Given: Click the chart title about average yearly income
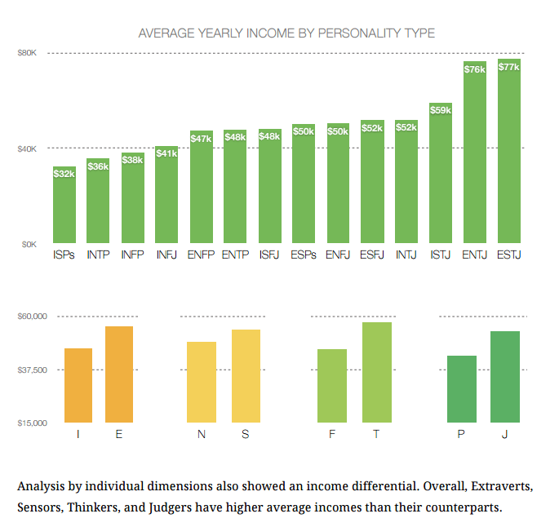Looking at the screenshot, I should pyautogui.click(x=286, y=33).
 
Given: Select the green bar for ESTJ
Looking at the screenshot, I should pyautogui.click(x=508, y=155).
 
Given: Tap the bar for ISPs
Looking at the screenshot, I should pyautogui.click(x=64, y=208).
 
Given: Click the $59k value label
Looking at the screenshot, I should pyautogui.click(x=440, y=109).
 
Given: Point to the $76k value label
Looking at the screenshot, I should pyautogui.click(x=474, y=69).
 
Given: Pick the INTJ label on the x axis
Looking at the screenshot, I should pyautogui.click(x=406, y=255).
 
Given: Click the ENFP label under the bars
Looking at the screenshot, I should pyautogui.click(x=201, y=255).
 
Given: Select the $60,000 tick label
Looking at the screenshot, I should pyautogui.click(x=33, y=317).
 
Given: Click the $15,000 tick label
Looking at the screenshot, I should pyautogui.click(x=33, y=423).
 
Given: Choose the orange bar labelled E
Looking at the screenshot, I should pyautogui.click(x=119, y=374).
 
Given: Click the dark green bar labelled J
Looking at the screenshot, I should pyautogui.click(x=505, y=377).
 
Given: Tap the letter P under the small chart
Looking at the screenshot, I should pyautogui.click(x=461, y=434).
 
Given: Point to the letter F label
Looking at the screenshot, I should pyautogui.click(x=332, y=434).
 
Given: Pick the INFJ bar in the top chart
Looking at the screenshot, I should pyautogui.click(x=166, y=196).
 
